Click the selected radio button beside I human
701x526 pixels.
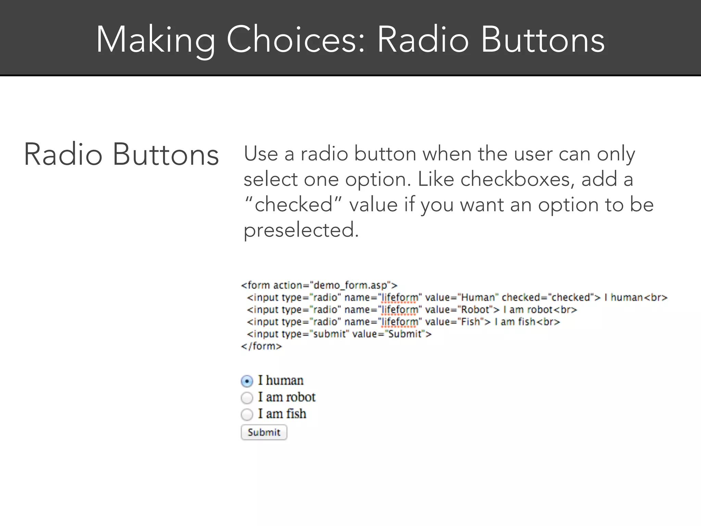point(247,381)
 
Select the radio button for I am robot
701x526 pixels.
point(247,398)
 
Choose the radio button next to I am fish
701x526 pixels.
point(247,414)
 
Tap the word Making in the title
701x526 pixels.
point(156,40)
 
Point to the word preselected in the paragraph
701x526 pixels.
point(301,230)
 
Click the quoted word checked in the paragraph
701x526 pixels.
point(293,205)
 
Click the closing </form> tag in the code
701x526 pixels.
point(262,346)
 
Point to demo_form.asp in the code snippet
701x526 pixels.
point(350,285)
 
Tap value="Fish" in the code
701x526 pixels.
point(454,322)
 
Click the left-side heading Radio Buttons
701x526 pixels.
point(121,155)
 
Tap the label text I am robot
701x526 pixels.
point(286,397)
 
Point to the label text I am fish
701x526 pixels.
point(282,414)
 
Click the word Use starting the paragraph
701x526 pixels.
point(260,154)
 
